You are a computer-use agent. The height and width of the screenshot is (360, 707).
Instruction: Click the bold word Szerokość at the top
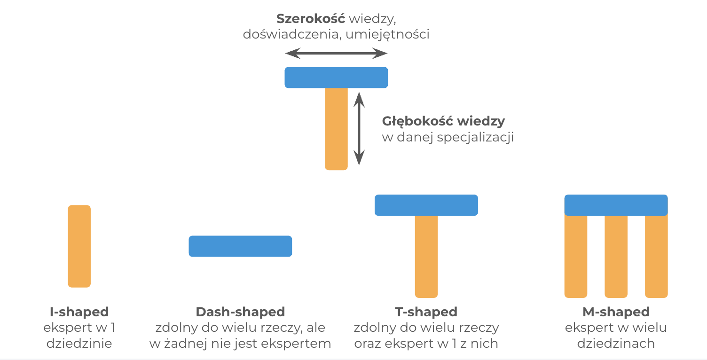pyautogui.click(x=311, y=19)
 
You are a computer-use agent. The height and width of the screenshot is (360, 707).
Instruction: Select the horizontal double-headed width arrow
pyautogui.click(x=336, y=54)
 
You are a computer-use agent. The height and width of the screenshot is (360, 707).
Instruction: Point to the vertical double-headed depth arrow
pyautogui.click(x=359, y=128)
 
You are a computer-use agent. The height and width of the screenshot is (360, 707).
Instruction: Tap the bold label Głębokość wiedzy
pyautogui.click(x=443, y=121)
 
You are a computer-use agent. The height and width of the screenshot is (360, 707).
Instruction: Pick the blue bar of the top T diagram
pyautogui.click(x=336, y=78)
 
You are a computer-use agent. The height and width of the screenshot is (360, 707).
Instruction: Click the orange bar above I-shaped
pyautogui.click(x=79, y=246)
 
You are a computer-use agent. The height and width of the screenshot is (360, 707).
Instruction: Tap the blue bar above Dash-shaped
pyautogui.click(x=240, y=246)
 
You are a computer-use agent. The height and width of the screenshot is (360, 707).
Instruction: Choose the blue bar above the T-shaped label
pyautogui.click(x=426, y=205)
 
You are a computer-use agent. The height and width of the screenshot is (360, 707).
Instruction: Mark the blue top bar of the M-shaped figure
pyautogui.click(x=616, y=205)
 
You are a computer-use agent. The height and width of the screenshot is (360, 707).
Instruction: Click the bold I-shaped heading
pyautogui.click(x=79, y=312)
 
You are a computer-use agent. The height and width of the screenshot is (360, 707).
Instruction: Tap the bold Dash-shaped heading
pyautogui.click(x=240, y=312)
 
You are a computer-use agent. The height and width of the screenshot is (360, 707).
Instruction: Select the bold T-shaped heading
pyautogui.click(x=426, y=312)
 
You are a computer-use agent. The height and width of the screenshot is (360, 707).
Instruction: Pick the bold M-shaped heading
pyautogui.click(x=616, y=312)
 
